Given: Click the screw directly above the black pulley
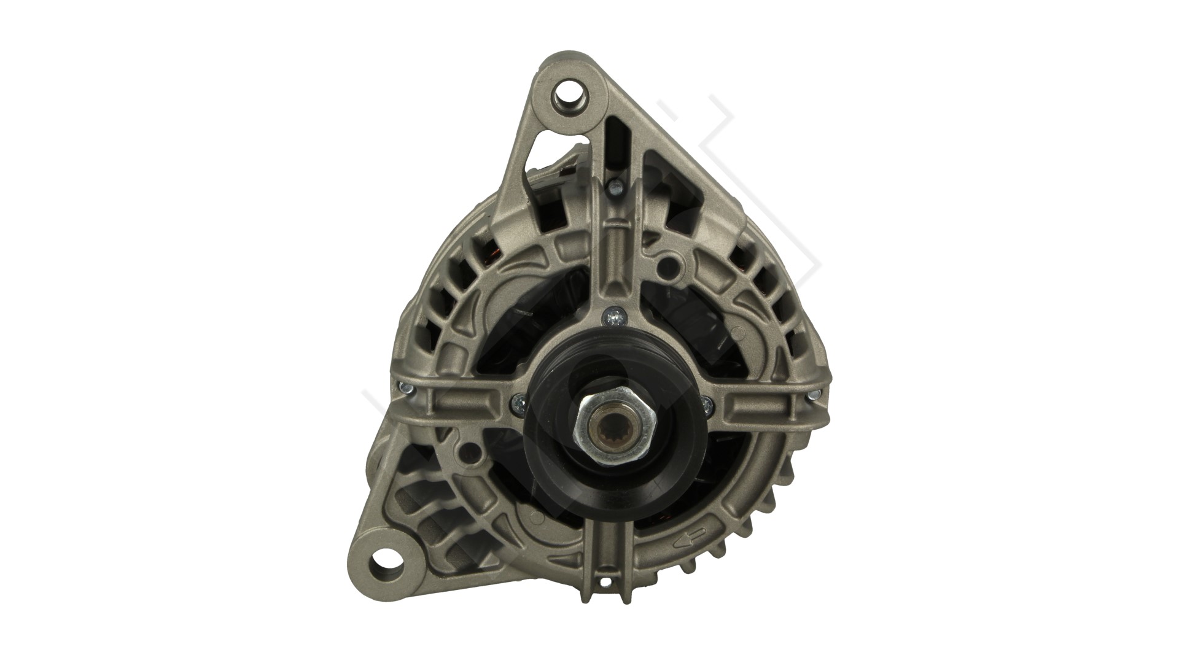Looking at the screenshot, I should click(x=614, y=317).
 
